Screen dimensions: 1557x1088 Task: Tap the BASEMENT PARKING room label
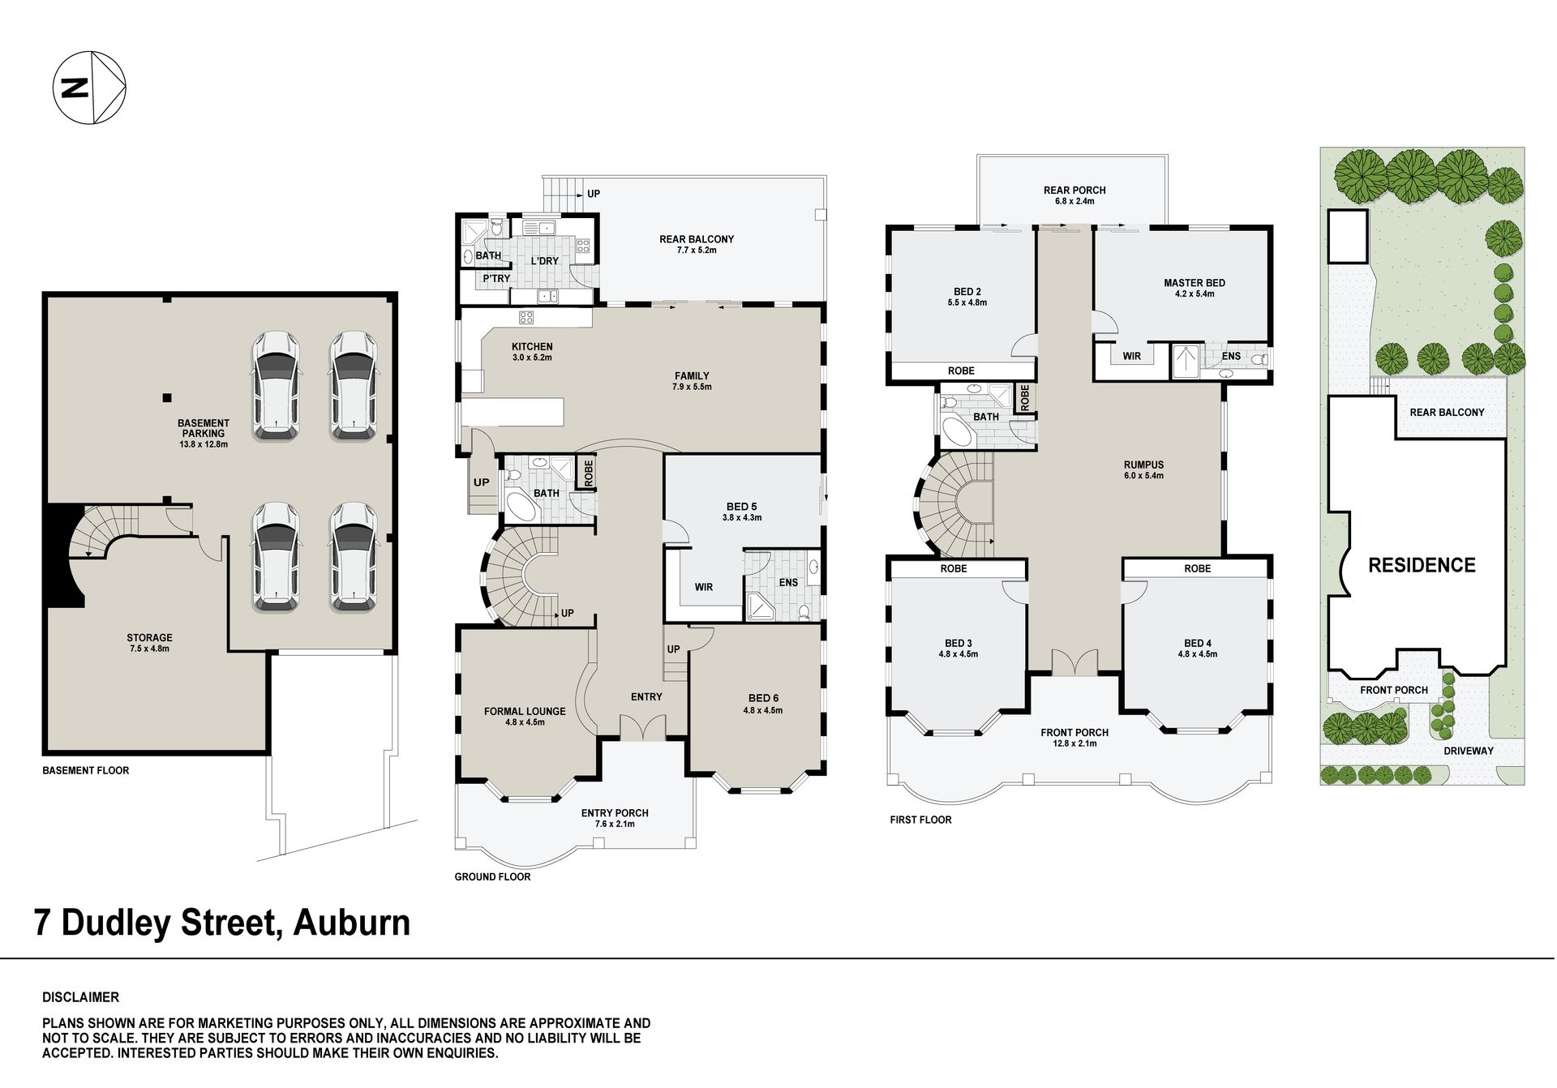[x=204, y=428]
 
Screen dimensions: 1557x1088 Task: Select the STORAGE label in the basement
[x=149, y=638]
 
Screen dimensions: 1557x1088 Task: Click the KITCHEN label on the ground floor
[x=532, y=347]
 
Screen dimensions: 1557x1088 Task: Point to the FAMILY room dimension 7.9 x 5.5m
[x=692, y=387]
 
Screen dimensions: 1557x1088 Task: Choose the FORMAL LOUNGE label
[x=525, y=711]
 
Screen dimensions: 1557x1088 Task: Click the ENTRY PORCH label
[x=615, y=813]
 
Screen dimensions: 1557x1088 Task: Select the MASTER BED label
[x=1195, y=283]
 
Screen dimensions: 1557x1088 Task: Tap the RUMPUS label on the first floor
[x=1143, y=465]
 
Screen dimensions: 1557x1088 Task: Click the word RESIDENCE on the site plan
[x=1422, y=565]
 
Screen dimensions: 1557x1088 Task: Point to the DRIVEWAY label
[x=1469, y=751]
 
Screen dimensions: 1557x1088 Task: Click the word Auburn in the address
[x=353, y=923]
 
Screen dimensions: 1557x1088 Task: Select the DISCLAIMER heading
[x=80, y=997]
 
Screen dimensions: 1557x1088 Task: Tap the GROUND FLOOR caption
[x=492, y=876]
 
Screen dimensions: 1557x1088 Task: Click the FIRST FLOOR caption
[x=920, y=820]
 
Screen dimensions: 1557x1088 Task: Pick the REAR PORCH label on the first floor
[x=1074, y=191]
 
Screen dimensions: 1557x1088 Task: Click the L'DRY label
[x=545, y=261]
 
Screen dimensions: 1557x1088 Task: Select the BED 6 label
[x=763, y=698]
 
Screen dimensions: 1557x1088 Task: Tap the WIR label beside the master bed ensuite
[x=1131, y=356]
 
